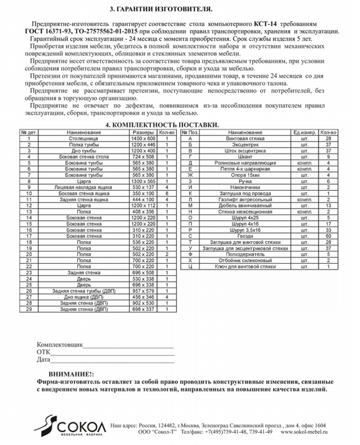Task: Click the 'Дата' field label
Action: pyautogui.click(x=44, y=360)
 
